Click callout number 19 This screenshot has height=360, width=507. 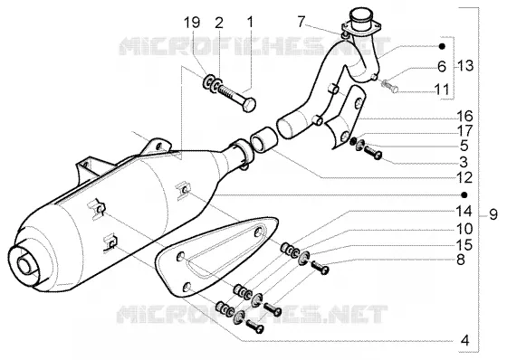(192, 23)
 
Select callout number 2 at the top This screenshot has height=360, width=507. (219, 23)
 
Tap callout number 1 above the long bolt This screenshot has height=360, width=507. (250, 23)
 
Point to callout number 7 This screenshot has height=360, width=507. (301, 23)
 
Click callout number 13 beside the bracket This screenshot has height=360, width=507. (466, 66)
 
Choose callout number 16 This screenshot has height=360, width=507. (464, 116)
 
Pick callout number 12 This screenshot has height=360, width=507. (464, 178)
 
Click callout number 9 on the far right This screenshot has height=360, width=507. (493, 214)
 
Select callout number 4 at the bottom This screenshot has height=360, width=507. (464, 340)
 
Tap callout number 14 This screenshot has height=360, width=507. (464, 212)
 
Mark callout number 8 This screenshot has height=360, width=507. (461, 260)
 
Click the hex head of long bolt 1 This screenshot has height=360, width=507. (249, 104)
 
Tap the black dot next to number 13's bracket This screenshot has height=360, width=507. (442, 46)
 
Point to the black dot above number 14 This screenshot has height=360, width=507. (464, 194)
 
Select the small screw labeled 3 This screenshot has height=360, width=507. (373, 153)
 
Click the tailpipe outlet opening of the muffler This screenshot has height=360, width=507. (25, 265)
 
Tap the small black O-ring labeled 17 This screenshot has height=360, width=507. (354, 141)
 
